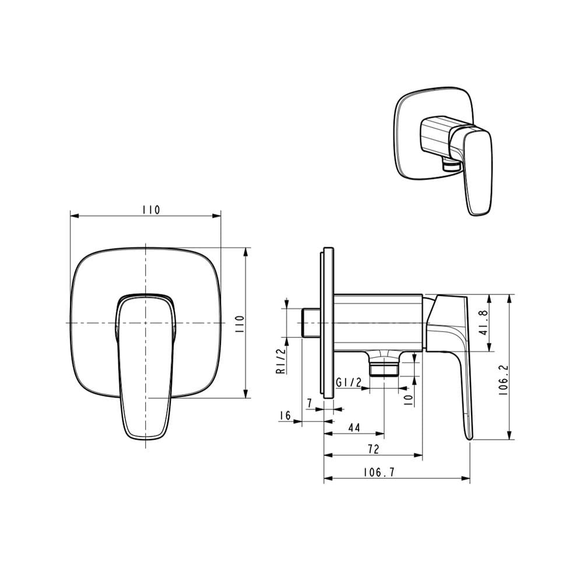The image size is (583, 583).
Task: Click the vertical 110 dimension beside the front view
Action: [x=240, y=324]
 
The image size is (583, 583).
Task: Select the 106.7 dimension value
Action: [x=378, y=472]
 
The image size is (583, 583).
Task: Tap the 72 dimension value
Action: [x=373, y=449]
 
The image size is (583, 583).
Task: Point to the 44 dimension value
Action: [x=354, y=427]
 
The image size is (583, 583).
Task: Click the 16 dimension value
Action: [x=285, y=415]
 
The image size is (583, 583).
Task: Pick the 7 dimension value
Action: [x=309, y=403]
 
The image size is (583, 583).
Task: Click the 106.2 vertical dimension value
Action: [x=504, y=380]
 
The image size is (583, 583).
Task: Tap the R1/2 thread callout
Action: [x=282, y=361]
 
